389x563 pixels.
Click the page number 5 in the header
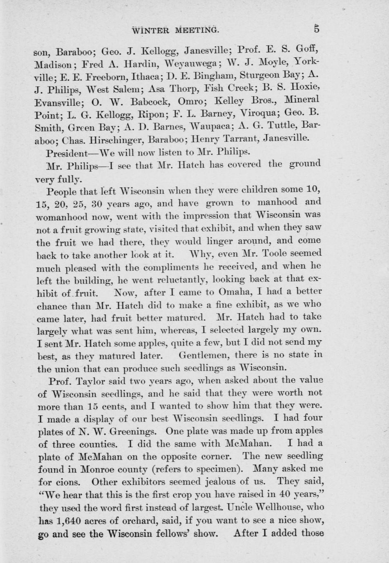317,29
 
